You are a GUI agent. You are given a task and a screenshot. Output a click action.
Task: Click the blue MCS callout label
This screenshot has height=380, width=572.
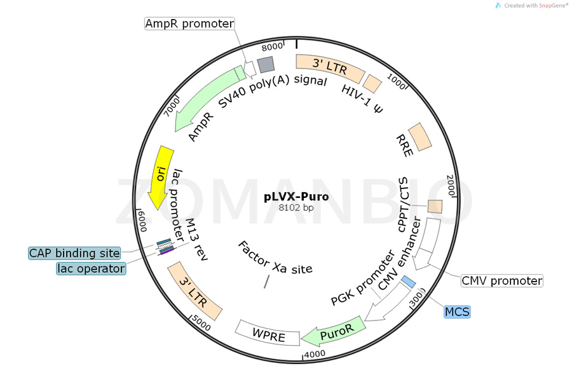click(457, 311)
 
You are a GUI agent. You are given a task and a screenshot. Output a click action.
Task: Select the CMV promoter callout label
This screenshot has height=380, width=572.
click(501, 280)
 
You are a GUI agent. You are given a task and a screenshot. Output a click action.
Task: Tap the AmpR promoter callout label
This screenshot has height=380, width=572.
click(189, 23)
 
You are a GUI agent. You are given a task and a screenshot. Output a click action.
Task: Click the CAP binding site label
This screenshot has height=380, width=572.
click(74, 253)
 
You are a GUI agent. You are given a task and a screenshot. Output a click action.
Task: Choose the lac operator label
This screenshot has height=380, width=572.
click(90, 268)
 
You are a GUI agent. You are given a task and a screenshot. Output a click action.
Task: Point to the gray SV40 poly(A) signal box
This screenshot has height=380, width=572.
click(265, 63)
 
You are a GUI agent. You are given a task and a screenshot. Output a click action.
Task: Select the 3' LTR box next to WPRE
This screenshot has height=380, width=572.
click(194, 291)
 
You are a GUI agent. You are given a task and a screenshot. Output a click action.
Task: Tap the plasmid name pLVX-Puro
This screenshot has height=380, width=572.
click(296, 197)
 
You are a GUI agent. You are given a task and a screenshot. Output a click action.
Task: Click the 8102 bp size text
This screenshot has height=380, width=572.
click(296, 207)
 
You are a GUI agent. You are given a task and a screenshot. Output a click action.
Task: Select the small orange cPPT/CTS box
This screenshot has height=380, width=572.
click(435, 207)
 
